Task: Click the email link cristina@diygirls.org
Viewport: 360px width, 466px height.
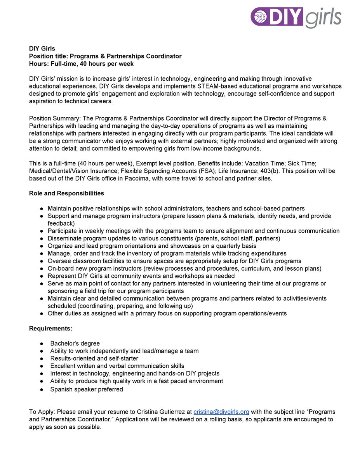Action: [x=221, y=412]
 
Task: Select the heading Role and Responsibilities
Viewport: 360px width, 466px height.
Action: [x=66, y=193]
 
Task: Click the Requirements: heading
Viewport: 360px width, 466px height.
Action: [x=50, y=329]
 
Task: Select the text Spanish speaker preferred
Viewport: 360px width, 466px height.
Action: [x=87, y=389]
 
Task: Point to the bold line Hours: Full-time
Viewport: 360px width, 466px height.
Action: [x=81, y=64]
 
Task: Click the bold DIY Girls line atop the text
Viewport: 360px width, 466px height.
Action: [x=42, y=49]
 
